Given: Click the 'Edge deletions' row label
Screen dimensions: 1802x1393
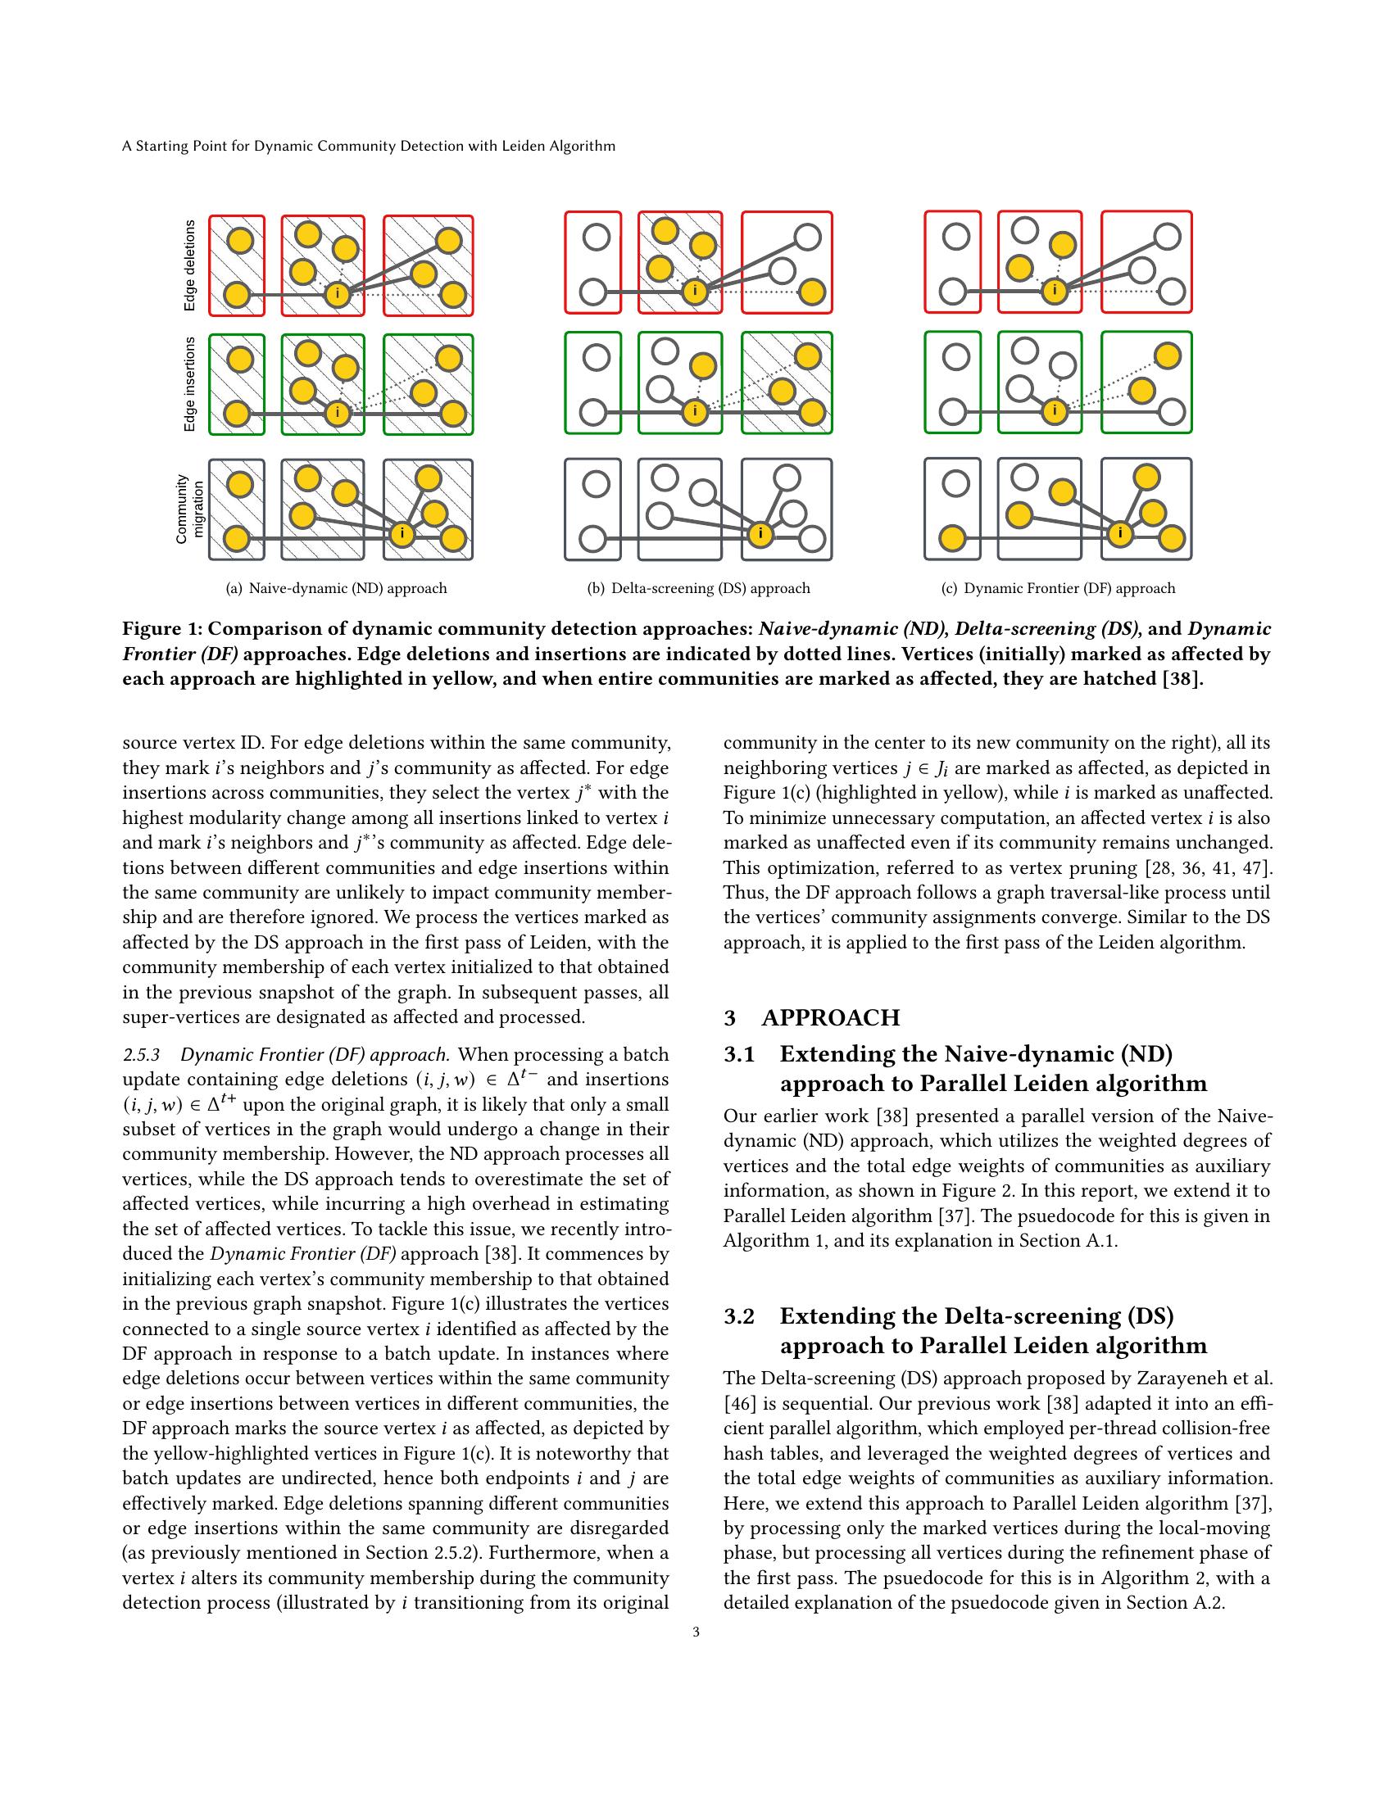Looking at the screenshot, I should coord(191,265).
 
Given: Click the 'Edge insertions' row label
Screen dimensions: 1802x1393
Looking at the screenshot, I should coord(191,383).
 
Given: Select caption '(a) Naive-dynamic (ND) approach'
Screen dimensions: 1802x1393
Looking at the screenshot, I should coord(337,588).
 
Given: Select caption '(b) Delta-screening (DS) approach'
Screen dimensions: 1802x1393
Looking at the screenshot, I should coord(698,588).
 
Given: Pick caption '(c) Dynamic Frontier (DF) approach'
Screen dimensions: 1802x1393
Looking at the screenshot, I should coord(1058,588).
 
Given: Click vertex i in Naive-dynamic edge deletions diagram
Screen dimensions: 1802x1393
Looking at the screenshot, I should coord(337,294).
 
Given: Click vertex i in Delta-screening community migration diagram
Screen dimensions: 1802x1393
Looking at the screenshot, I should coord(760,535).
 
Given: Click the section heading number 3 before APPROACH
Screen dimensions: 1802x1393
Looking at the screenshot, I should coord(729,1018).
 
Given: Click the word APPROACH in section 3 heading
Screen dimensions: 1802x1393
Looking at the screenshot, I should coord(831,1018).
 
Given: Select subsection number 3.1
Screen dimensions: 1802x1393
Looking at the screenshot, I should coord(739,1054).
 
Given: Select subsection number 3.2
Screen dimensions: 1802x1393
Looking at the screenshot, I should coord(739,1316).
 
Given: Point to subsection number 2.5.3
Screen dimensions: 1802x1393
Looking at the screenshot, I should coord(141,1055).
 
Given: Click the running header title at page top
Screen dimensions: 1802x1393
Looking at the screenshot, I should coord(369,146).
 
